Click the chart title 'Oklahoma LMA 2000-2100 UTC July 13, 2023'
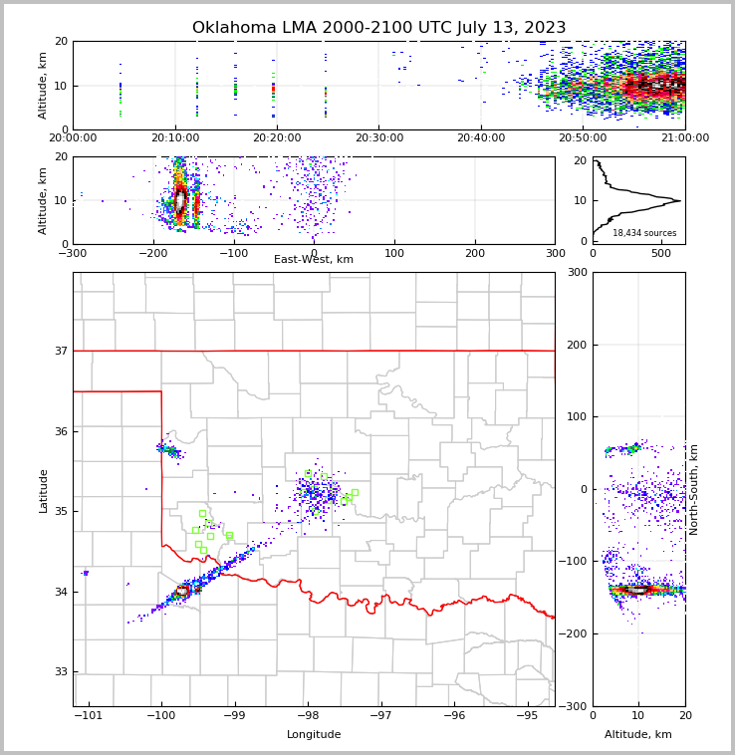tap(378, 28)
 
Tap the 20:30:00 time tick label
tap(378, 138)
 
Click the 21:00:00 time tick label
tap(684, 138)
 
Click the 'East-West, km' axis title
tap(314, 260)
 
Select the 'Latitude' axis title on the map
tap(44, 490)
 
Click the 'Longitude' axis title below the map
tap(314, 735)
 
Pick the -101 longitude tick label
tap(89, 716)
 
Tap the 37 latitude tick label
tap(61, 351)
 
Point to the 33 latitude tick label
tap(61, 671)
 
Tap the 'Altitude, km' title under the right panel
tap(638, 735)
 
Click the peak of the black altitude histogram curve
tap(680, 200)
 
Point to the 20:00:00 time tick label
tap(73, 138)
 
